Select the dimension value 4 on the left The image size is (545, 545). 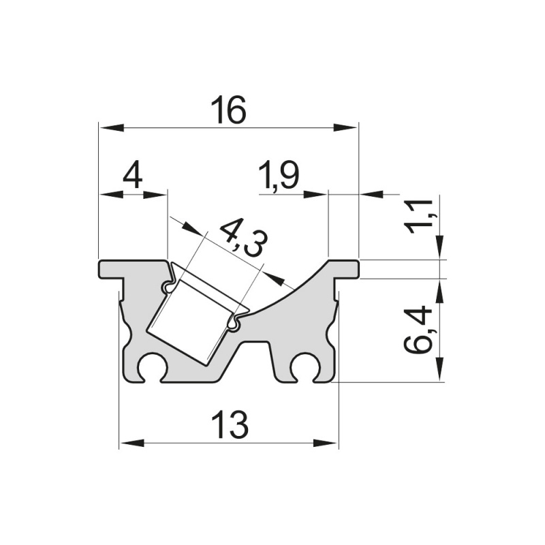point(132,177)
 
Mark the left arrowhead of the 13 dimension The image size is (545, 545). point(130,443)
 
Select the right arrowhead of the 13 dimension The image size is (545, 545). point(328,443)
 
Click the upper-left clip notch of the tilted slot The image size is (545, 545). point(167,289)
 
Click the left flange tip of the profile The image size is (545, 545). point(102,269)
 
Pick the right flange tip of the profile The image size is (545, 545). point(355,269)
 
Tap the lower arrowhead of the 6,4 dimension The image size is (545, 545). point(440,372)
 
